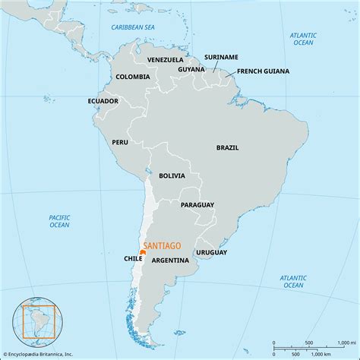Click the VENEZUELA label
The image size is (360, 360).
(166, 58)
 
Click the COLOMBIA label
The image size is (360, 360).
(132, 77)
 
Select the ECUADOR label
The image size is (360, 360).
(103, 100)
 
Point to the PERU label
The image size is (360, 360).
(120, 141)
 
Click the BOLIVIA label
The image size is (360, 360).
(172, 175)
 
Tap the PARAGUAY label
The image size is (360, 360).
(197, 204)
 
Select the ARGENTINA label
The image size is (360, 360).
(170, 260)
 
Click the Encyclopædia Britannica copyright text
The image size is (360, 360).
(41, 353)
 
